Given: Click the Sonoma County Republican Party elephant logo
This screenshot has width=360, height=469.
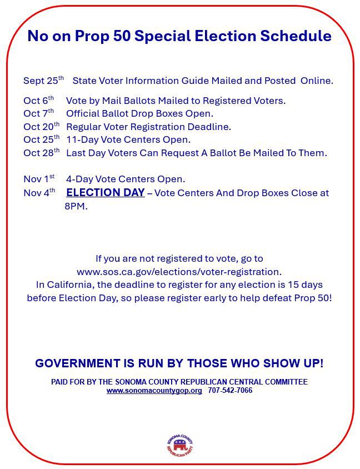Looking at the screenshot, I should (179, 445).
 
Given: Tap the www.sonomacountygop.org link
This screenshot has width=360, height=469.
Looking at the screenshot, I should (154, 391).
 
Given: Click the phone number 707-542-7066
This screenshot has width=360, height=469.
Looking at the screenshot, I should (230, 391).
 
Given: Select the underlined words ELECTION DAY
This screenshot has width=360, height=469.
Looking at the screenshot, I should (105, 193).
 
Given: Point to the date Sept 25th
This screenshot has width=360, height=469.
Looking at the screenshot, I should (43, 81).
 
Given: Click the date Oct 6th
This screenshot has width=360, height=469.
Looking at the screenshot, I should (38, 101).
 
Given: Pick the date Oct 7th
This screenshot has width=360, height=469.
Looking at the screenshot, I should (38, 113).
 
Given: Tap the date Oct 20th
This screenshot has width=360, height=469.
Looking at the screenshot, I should (41, 127).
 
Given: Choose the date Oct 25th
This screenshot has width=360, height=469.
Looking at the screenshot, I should (41, 139).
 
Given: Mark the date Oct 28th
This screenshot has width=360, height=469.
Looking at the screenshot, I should (41, 153).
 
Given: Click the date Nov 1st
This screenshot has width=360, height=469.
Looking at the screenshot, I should (39, 179).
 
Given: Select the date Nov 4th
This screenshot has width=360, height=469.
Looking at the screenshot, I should (39, 193).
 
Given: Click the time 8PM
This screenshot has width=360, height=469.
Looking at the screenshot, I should (76, 206).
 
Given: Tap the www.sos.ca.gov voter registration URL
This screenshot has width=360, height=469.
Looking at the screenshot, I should (179, 272).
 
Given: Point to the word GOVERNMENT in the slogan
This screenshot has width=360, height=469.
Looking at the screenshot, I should (73, 363).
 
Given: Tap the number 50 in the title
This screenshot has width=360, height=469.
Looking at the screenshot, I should (122, 36).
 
